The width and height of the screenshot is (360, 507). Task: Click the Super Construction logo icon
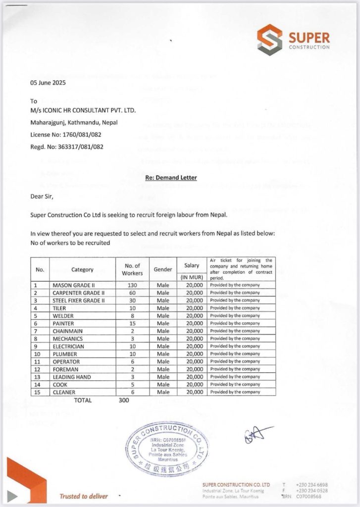(269, 40)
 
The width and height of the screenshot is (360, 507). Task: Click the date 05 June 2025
(48, 83)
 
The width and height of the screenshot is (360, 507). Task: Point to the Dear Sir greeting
(42, 197)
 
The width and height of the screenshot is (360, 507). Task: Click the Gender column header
(163, 269)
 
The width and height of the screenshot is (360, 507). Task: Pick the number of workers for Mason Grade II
(133, 285)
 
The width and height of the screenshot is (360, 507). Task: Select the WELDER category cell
(63, 316)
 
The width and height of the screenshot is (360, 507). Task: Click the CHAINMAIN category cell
(67, 331)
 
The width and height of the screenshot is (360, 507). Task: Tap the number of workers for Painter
(133, 323)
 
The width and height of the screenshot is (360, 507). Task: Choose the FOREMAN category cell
(65, 369)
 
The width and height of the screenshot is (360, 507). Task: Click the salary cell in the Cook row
(192, 385)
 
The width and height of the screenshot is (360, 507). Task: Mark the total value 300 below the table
(124, 401)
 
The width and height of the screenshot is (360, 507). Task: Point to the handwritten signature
(257, 435)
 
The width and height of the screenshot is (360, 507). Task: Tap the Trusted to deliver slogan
(83, 496)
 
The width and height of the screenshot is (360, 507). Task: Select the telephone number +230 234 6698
(312, 485)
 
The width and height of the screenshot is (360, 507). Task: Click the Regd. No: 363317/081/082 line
(67, 147)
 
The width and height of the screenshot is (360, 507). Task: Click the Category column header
(82, 270)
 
